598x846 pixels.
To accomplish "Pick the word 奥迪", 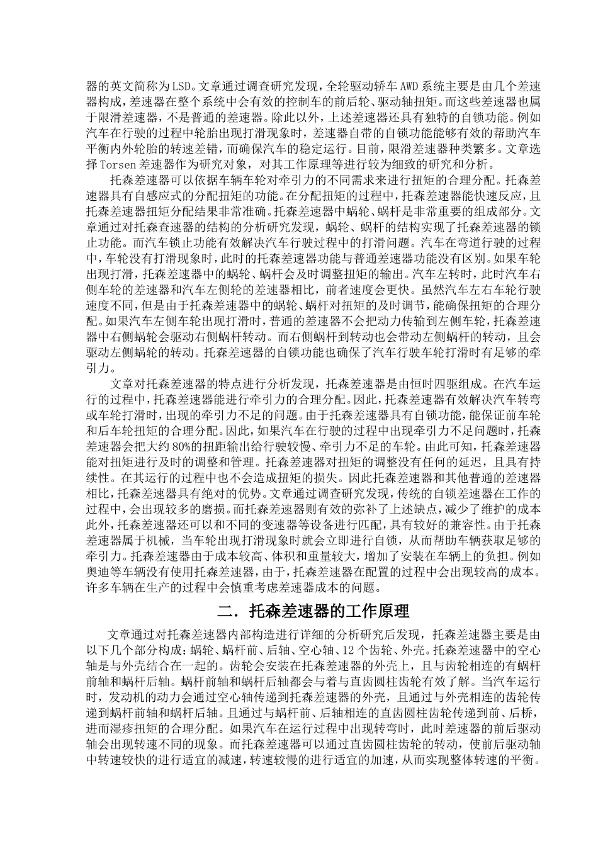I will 97,572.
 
